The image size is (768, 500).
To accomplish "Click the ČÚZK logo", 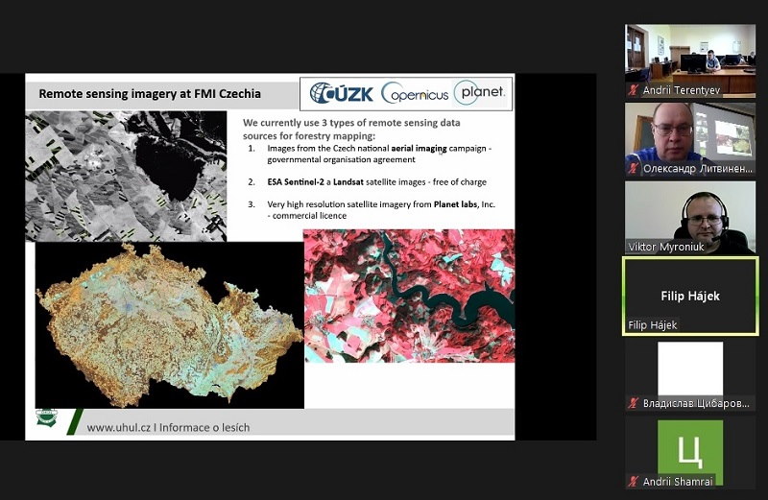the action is tap(342, 93).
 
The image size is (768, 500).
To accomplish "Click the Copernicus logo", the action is tap(415, 92).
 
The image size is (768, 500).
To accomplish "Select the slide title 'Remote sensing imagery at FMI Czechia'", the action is tap(150, 93).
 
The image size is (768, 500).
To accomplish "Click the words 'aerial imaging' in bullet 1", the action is tap(419, 148).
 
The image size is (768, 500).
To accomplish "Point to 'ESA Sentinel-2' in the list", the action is tap(296, 181).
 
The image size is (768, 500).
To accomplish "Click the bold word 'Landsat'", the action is tap(348, 181).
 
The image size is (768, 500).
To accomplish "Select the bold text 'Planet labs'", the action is tap(455, 204).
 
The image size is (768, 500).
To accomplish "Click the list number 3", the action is tap(252, 204).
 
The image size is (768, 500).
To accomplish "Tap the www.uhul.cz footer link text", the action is tap(118, 427).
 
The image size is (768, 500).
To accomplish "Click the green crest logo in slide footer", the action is tap(45, 417).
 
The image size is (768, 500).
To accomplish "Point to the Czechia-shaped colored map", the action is tap(170, 325).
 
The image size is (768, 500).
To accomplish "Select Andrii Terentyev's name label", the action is tap(682, 90).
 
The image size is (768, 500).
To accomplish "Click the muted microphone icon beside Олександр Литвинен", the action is tap(634, 169).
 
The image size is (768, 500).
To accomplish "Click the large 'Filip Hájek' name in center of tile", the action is tap(690, 296).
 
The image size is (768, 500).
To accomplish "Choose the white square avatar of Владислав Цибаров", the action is tap(690, 369).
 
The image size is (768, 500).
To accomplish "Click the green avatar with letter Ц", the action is tap(690, 451).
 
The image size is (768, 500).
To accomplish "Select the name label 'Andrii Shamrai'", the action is tap(678, 482).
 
